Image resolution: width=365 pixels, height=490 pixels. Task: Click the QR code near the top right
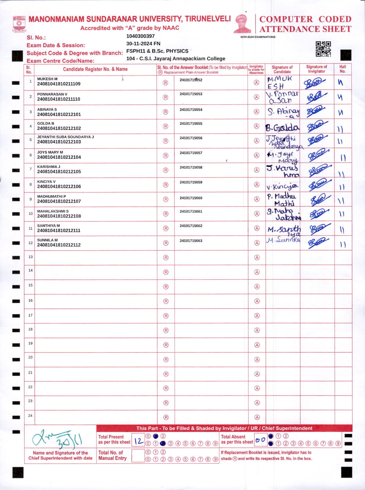[323, 49]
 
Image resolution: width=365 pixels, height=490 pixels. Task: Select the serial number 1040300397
[140, 36]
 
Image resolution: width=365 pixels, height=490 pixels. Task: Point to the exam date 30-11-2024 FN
[143, 44]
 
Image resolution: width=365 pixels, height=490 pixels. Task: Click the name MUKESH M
[47, 79]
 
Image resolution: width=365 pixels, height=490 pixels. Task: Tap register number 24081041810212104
[59, 157]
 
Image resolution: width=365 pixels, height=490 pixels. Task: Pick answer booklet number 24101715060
[191, 198]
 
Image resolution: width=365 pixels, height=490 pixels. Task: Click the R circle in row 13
[166, 258]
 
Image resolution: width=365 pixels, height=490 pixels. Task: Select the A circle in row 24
[257, 417]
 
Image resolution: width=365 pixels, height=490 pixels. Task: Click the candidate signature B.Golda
[282, 128]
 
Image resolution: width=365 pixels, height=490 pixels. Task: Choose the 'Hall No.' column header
[343, 69]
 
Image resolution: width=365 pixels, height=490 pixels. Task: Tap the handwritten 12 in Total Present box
[138, 441]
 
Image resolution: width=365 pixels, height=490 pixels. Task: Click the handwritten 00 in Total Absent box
[260, 440]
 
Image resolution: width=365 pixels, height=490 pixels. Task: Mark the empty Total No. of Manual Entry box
[138, 456]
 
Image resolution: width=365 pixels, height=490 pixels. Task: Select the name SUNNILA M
[47, 240]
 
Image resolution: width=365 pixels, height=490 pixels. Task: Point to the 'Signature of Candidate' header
[282, 69]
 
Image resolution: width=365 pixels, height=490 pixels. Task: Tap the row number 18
[30, 329]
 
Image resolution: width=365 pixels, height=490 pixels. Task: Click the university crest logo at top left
[20, 24]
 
